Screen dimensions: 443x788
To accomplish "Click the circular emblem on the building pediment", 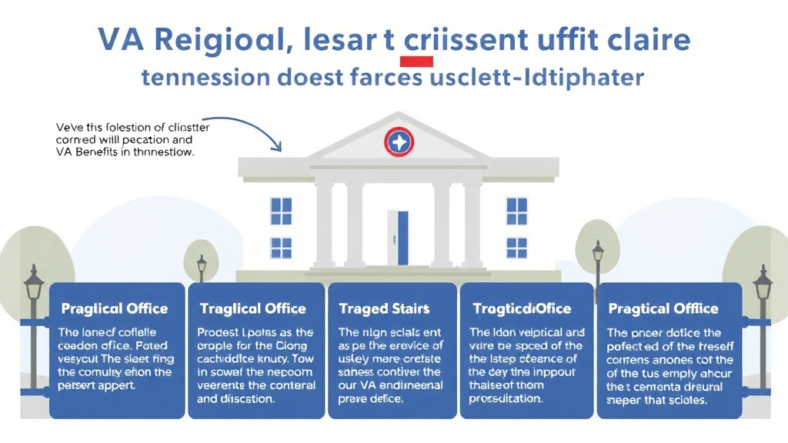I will [399, 142].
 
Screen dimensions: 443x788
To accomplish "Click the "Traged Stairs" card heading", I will [384, 308].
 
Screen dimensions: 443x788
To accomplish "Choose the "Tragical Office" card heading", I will [252, 308].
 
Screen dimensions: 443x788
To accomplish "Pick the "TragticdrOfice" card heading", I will [521, 308].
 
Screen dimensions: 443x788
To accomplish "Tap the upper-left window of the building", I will [281, 209].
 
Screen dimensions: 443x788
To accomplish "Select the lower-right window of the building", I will [516, 248].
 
